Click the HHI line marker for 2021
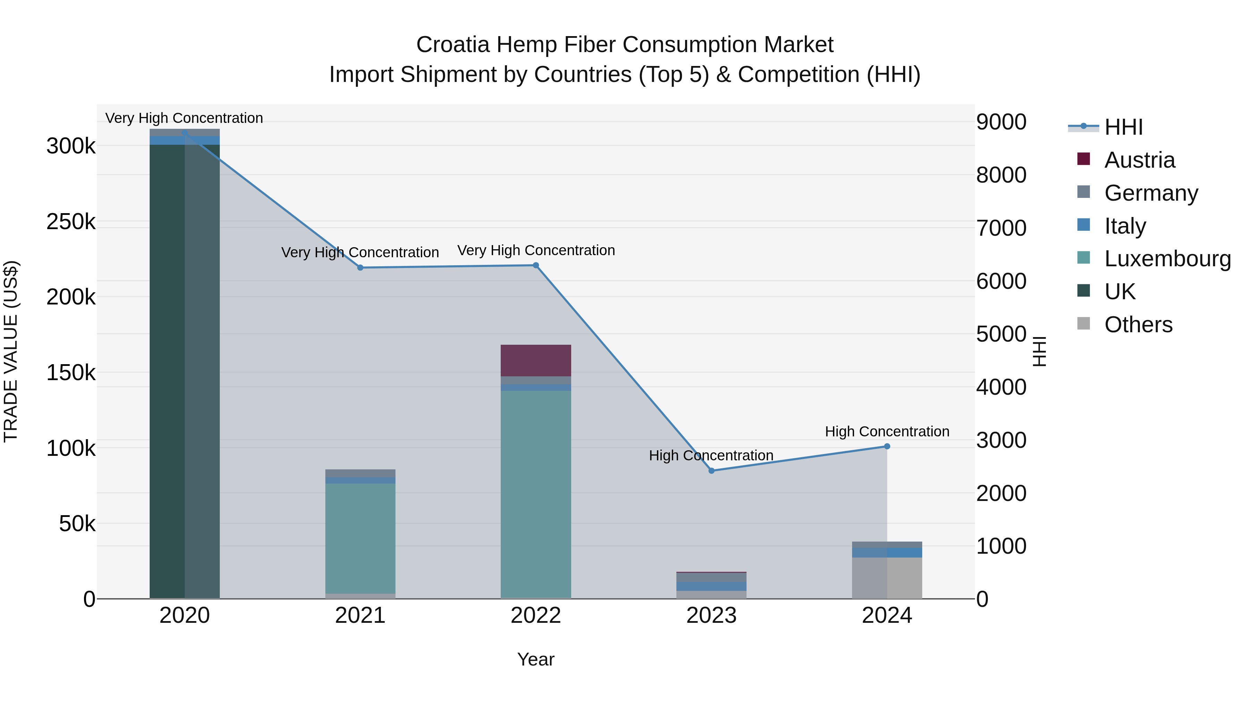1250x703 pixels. coord(360,268)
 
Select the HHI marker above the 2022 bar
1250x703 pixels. coord(536,265)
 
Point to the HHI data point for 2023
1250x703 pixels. coord(711,471)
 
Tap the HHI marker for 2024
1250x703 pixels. coord(887,446)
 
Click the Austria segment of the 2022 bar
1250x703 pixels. coord(536,360)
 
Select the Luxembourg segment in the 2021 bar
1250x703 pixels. coord(360,538)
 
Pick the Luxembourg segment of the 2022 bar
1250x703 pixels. coord(536,495)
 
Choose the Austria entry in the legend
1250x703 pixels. coord(1139,160)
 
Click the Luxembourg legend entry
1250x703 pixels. coord(1167,259)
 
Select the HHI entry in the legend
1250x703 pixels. coord(1123,127)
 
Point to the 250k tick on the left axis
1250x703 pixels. coord(71,222)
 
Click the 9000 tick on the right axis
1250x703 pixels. coord(1001,122)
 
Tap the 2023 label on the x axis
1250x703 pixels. coord(711,616)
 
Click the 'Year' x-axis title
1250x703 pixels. coord(536,659)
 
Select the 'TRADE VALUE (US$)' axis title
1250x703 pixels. coord(11,351)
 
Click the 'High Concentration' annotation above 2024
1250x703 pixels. coord(887,431)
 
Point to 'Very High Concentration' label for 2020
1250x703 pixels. coord(184,118)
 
